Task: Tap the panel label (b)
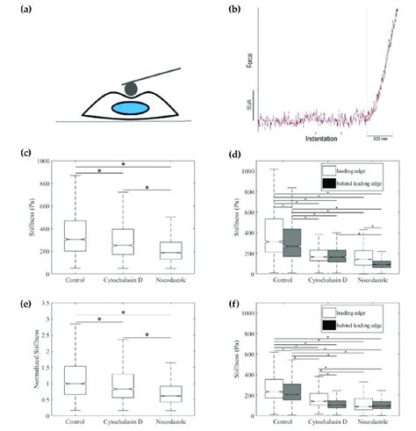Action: tap(235, 10)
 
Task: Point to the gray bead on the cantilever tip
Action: tap(130, 88)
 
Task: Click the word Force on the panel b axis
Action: tap(248, 60)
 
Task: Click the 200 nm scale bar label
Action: tap(377, 139)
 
